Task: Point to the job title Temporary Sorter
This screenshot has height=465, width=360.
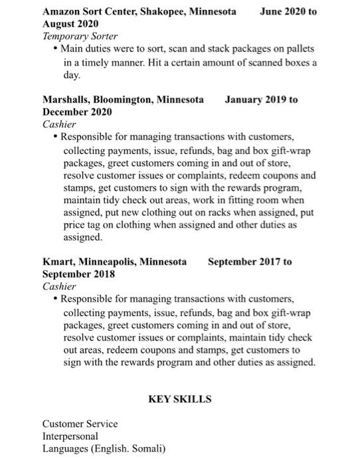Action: [x=80, y=36]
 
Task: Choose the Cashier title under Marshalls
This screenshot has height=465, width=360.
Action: [x=60, y=124]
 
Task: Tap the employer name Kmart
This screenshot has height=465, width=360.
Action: [x=58, y=262]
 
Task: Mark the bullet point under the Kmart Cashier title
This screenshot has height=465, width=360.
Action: [x=55, y=300]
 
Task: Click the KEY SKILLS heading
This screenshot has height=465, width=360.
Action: [x=180, y=399]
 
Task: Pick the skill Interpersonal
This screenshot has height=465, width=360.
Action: [x=70, y=436]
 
